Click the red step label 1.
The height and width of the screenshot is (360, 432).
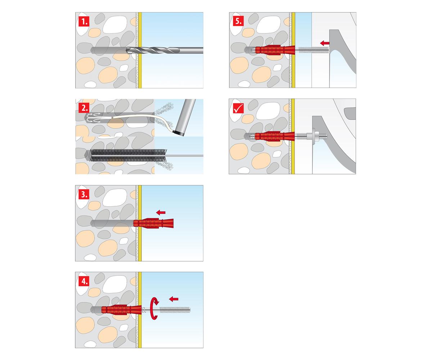84,21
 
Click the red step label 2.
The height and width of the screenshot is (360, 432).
84,108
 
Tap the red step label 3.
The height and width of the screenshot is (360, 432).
84,194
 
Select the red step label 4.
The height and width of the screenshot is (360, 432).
84,281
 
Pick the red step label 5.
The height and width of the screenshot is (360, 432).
238,21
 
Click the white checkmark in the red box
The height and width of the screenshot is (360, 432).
238,108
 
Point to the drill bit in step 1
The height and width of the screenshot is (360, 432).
165,50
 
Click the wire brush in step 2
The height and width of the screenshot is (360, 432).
128,156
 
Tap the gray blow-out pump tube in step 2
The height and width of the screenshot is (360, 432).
185,117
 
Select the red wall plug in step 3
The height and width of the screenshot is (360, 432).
153,223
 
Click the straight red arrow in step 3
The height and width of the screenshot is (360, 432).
161,212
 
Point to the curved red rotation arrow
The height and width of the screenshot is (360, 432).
154,309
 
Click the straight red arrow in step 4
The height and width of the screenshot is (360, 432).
174,299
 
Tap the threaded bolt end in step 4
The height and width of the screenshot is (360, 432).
175,310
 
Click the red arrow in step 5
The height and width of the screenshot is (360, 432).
325,43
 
